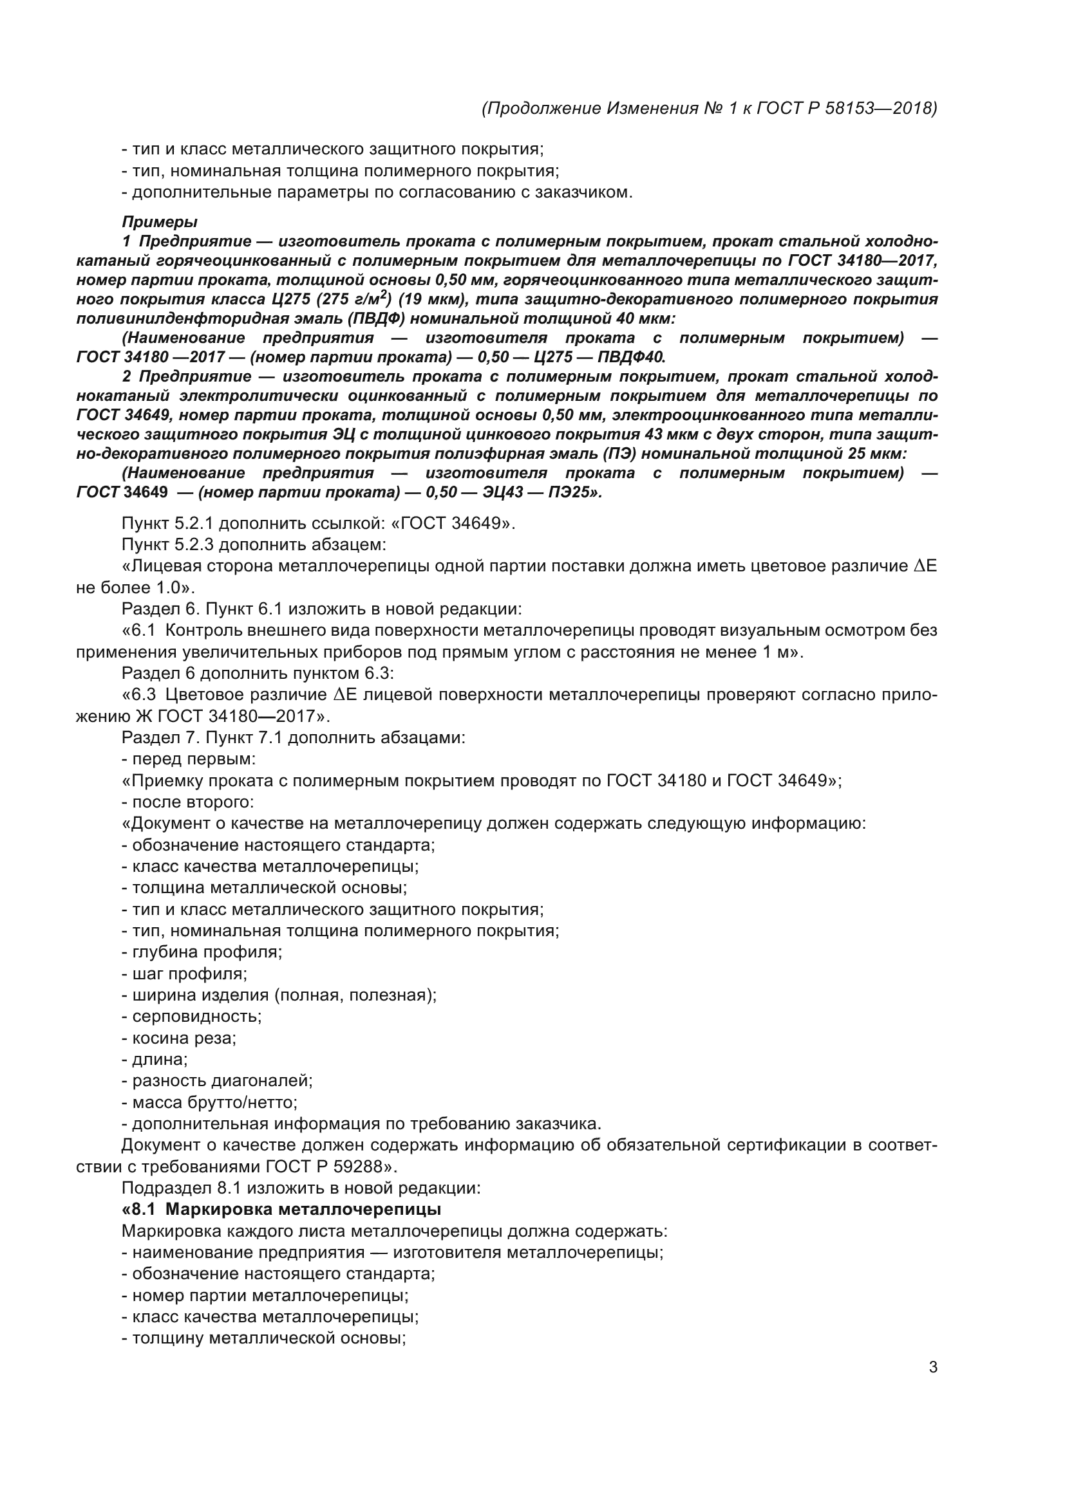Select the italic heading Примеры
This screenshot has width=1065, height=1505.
159,222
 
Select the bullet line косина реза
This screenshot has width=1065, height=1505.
179,1039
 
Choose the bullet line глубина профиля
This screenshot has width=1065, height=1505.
202,952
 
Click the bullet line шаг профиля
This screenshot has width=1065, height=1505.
184,974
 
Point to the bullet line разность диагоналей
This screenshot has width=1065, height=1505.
217,1081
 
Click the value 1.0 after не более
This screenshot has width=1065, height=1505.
168,588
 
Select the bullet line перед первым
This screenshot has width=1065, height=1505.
189,759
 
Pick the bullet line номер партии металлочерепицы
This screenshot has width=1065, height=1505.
265,1295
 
